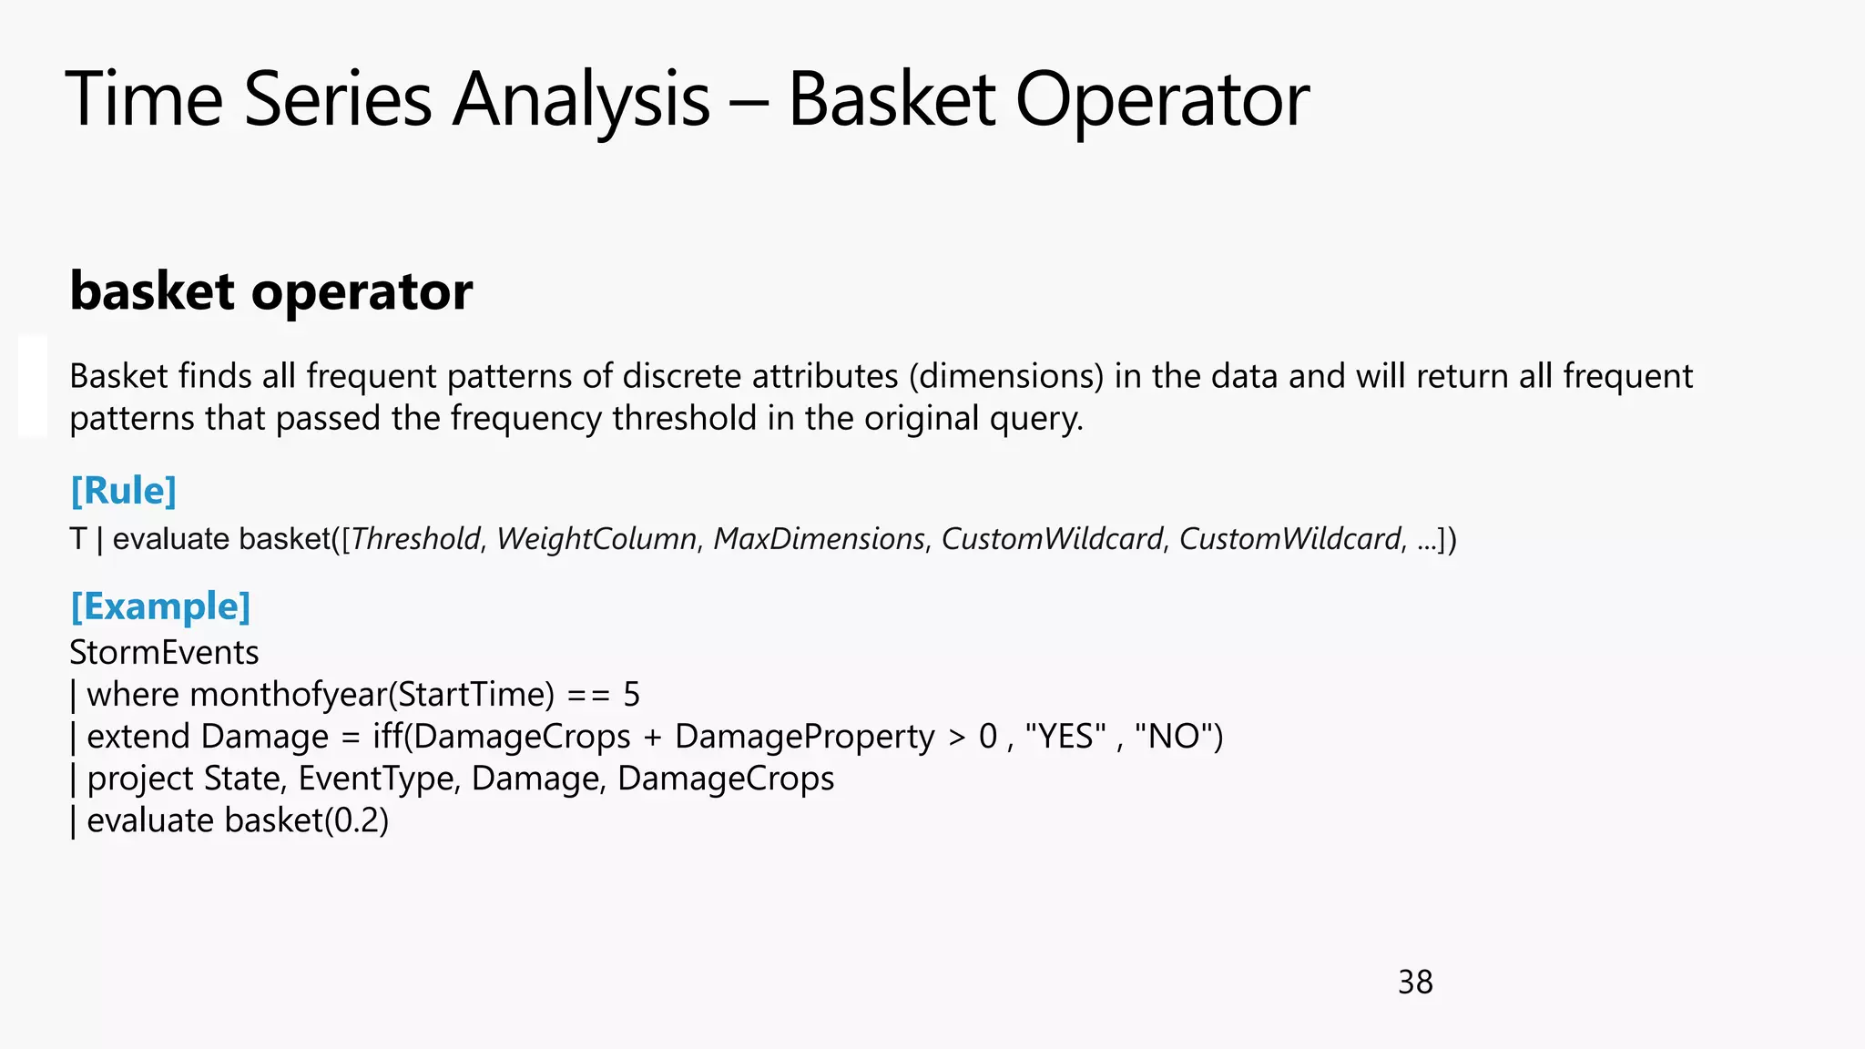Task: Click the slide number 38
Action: tap(1414, 983)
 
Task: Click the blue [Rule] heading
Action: tap(123, 491)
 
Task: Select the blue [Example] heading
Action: tap(160, 606)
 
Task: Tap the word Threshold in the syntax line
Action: tap(416, 539)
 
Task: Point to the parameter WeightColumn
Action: tap(596, 539)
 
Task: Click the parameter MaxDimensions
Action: tap(819, 539)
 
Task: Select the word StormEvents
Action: tap(164, 653)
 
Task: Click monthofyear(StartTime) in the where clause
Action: tap(372, 695)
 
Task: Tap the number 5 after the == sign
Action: tap(631, 695)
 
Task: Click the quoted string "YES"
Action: tap(1065, 737)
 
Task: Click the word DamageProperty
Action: tap(804, 737)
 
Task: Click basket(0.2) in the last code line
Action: tap(307, 820)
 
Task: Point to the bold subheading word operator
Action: tap(362, 292)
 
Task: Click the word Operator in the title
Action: tap(1162, 99)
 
